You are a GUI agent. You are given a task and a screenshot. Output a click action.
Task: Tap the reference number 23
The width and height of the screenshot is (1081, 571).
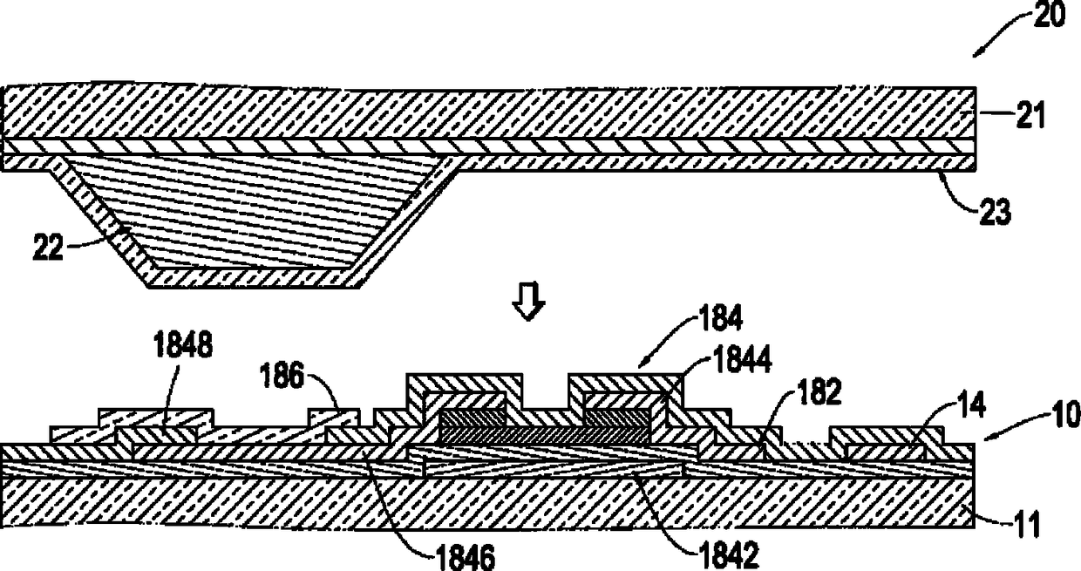click(x=994, y=213)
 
